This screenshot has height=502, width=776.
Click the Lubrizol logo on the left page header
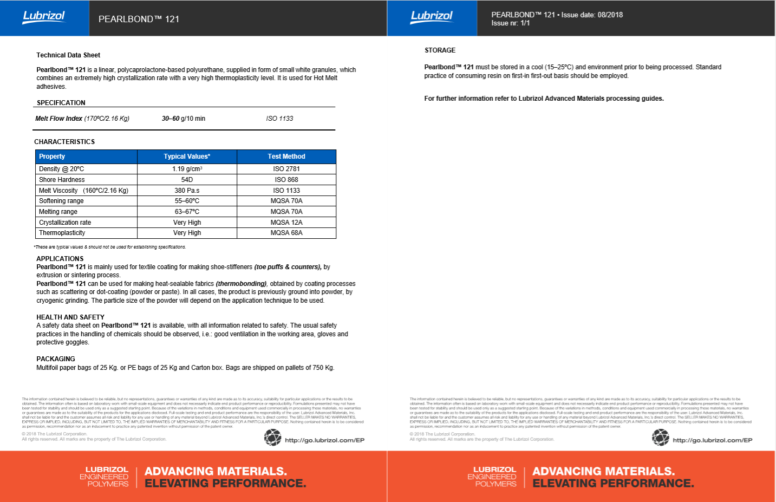point(44,17)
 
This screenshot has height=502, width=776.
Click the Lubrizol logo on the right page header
point(432,17)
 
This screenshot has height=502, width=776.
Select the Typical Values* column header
point(187,157)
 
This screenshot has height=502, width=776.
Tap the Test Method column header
point(286,157)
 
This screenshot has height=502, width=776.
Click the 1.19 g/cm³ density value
point(187,169)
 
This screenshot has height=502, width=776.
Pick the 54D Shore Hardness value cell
point(187,180)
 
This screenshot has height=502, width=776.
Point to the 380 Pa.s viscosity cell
point(187,191)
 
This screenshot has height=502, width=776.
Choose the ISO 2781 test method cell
point(286,169)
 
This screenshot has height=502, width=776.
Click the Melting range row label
point(58,212)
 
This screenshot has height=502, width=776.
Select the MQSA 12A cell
point(286,223)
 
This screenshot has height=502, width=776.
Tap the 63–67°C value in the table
point(187,212)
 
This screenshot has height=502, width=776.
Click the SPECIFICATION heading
point(61,103)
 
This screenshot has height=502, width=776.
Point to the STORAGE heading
point(440,50)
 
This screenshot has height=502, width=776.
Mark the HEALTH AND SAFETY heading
point(70,317)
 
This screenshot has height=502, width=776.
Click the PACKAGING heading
point(56,359)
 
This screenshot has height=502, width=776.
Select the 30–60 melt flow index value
point(171,119)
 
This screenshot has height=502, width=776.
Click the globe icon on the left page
point(272,438)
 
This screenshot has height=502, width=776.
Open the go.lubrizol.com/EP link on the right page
point(712,440)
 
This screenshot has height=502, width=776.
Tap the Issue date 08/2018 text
point(592,15)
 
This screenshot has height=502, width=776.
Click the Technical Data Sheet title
point(68,55)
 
